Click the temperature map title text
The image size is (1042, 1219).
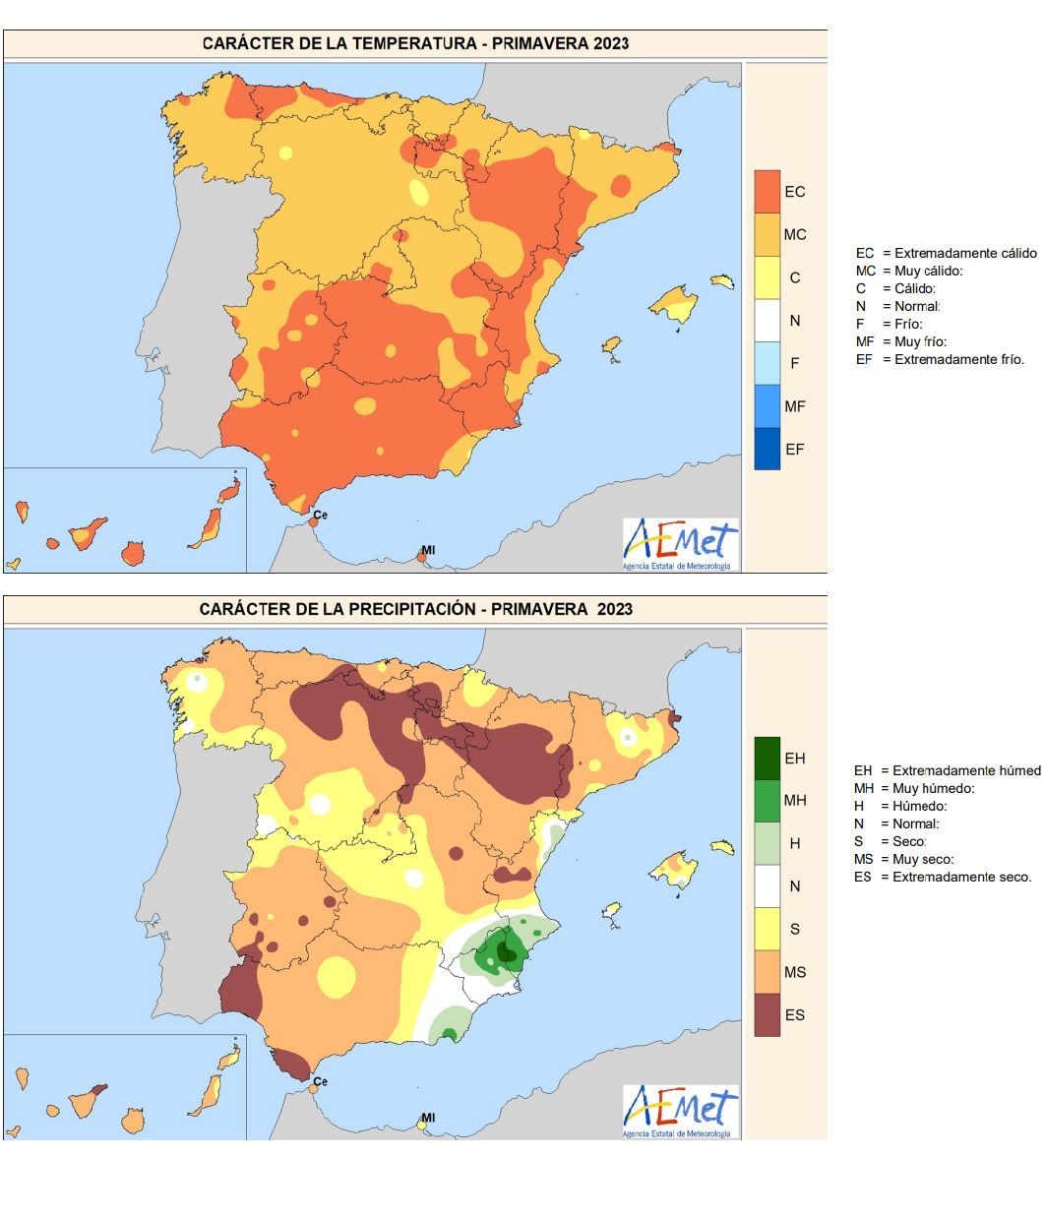pyautogui.click(x=415, y=43)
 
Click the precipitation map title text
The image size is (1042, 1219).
pyautogui.click(x=415, y=609)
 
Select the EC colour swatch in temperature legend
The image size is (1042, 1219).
pyautogui.click(x=766, y=191)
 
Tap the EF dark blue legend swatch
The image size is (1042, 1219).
pyautogui.click(x=766, y=449)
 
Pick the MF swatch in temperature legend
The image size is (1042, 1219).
pyautogui.click(x=766, y=405)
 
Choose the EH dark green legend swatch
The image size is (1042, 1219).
pyautogui.click(x=766, y=758)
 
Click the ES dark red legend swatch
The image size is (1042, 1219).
pyautogui.click(x=766, y=1014)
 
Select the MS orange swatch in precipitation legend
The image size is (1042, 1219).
pyautogui.click(x=766, y=971)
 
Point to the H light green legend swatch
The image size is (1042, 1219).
pyautogui.click(x=766, y=843)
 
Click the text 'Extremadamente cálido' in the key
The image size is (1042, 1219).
pyautogui.click(x=965, y=253)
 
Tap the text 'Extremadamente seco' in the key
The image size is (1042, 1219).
pyautogui.click(x=961, y=877)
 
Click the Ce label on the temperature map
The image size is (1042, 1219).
pyautogui.click(x=320, y=515)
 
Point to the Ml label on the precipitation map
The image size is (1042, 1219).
pyautogui.click(x=428, y=1118)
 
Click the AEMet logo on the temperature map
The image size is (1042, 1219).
pyautogui.click(x=680, y=544)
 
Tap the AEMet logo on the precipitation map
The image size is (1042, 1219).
pyautogui.click(x=680, y=1112)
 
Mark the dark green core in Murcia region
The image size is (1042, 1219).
pyautogui.click(x=507, y=950)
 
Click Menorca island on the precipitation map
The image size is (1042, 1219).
pyautogui.click(x=723, y=847)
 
